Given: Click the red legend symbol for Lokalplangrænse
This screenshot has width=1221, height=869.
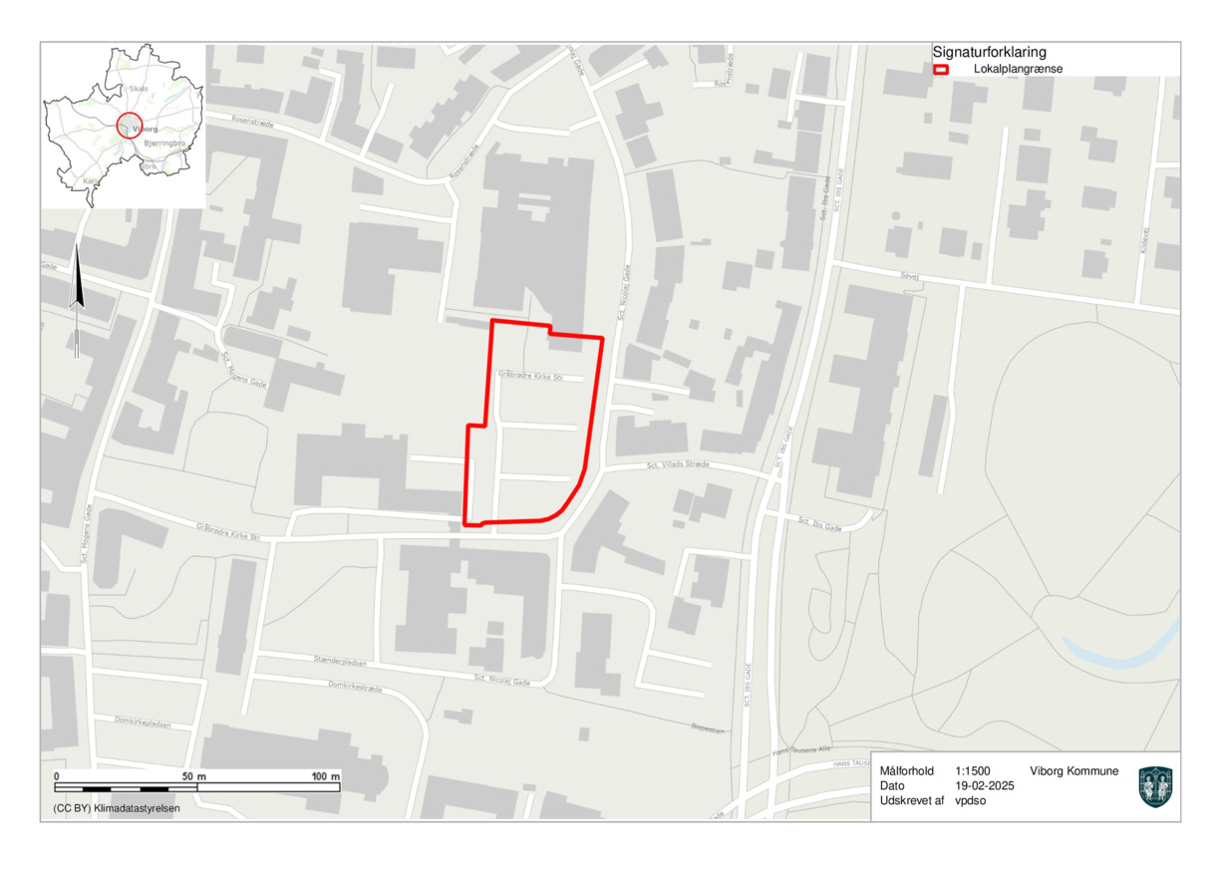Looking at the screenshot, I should (x=939, y=70).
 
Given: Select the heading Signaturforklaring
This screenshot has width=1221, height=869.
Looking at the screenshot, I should (x=989, y=52).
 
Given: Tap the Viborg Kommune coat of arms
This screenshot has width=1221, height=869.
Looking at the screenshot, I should (x=1155, y=786).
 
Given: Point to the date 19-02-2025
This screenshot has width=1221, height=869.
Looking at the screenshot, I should (x=984, y=785).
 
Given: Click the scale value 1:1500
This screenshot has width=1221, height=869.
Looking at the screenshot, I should (x=972, y=771).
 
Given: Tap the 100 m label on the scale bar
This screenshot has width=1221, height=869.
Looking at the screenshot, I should (x=326, y=775).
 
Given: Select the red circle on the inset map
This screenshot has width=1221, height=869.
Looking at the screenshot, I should (x=130, y=125).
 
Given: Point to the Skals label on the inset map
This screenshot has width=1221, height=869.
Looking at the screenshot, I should (x=138, y=88).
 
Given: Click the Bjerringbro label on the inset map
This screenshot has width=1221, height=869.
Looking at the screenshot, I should (x=165, y=145).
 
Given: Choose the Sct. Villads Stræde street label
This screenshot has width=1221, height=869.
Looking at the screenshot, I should (x=677, y=464).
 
